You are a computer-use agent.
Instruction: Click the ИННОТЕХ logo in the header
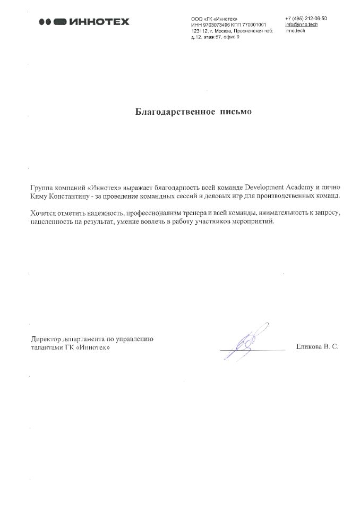(84, 22)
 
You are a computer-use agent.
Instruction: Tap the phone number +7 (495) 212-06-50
(306, 19)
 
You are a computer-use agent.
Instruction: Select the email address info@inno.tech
(301, 24)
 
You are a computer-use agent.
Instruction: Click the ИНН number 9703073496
(215, 24)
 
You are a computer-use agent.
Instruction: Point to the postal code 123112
(199, 31)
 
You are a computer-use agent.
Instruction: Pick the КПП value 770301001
(254, 24)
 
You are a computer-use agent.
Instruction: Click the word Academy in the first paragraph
(304, 188)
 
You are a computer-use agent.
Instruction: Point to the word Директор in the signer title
(45, 338)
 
